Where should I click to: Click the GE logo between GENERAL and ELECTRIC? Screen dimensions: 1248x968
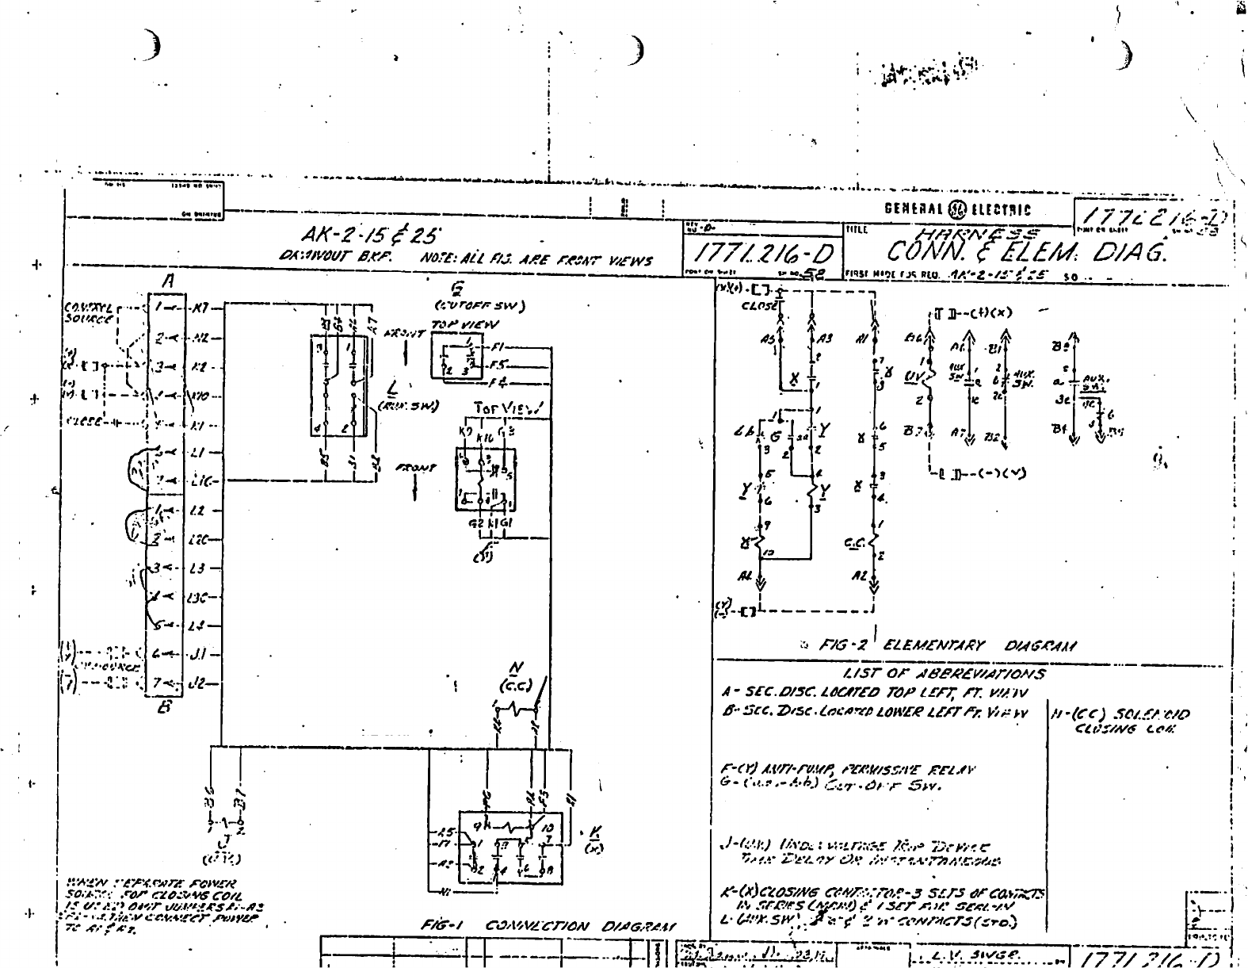tap(957, 210)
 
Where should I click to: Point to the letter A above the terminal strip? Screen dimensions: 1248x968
tap(169, 281)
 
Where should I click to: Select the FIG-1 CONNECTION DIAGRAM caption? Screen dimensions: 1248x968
tap(548, 927)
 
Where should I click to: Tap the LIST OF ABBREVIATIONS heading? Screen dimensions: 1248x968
tap(945, 674)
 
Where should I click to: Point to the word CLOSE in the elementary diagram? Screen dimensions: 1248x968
tap(757, 306)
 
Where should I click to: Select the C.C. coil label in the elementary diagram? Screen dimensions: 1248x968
tap(854, 544)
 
